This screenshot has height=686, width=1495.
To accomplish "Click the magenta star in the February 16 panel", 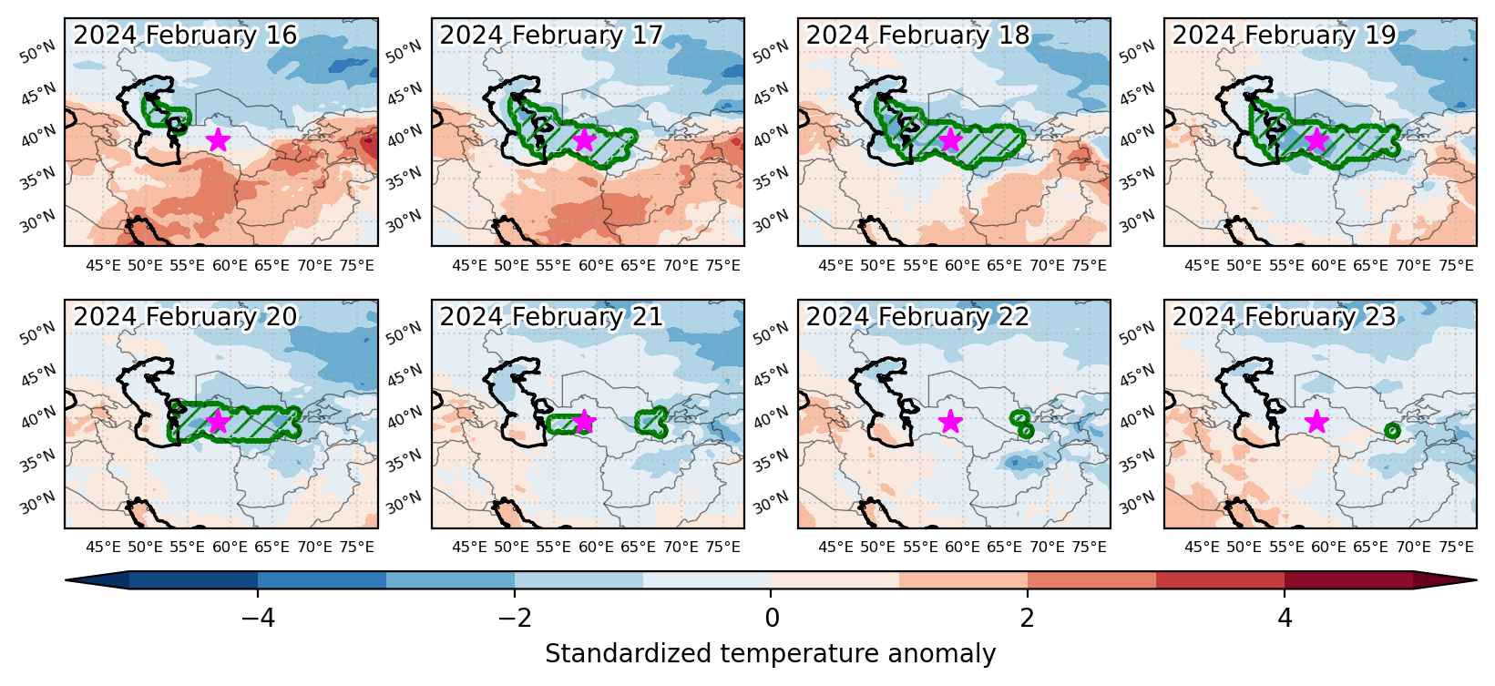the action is [x=219, y=140].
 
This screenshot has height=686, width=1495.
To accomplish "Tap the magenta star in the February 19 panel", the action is [x=1316, y=140].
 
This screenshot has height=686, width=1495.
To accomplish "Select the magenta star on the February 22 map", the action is [x=950, y=422].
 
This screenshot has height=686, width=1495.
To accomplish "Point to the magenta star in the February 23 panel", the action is [x=1316, y=422].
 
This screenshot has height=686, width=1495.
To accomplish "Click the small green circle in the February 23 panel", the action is [x=1392, y=431].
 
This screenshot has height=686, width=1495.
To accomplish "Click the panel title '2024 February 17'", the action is [x=551, y=35].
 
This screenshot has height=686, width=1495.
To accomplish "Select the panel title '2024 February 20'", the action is [x=185, y=316].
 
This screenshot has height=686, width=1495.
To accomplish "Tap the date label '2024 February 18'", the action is [x=917, y=35].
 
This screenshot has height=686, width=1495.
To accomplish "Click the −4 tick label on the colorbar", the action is [x=258, y=619].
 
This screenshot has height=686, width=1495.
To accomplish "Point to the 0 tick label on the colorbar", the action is [x=772, y=619].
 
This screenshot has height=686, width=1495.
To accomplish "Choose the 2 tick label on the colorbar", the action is [x=1028, y=619].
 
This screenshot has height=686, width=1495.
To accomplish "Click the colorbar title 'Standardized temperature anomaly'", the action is [x=770, y=654].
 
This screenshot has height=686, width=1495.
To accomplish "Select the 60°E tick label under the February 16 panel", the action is [x=230, y=266].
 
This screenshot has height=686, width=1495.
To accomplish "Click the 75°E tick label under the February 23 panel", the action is [x=1457, y=548].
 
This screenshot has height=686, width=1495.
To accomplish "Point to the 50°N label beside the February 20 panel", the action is [x=37, y=333].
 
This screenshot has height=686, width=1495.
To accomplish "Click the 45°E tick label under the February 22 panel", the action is [x=835, y=548].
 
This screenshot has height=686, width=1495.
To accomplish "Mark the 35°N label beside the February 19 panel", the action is [x=1137, y=179].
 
